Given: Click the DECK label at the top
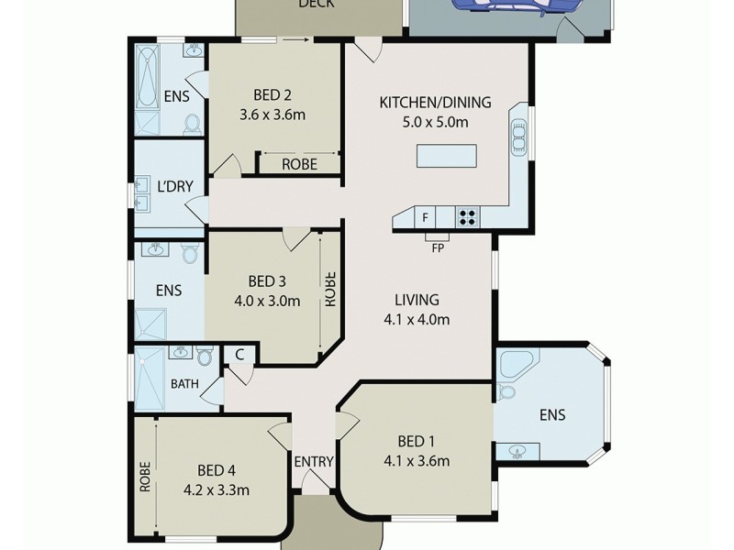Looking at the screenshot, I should [x=317, y=5].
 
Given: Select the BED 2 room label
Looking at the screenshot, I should [x=272, y=95].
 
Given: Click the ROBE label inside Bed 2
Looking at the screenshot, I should [x=299, y=165].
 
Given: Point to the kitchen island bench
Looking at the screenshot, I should [x=448, y=157].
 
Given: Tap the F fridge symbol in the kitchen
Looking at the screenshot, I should [x=425, y=218].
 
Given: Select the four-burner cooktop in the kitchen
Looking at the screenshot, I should [x=468, y=218].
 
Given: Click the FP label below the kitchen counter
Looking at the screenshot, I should [x=439, y=247].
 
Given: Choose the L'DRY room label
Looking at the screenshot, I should [x=174, y=187].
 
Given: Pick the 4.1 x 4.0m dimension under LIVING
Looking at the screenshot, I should [x=417, y=320].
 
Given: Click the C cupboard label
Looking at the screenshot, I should [x=239, y=354].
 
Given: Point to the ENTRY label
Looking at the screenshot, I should [x=314, y=461].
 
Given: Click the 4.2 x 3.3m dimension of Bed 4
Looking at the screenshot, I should [x=216, y=489].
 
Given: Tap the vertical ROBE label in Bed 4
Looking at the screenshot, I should [x=145, y=476].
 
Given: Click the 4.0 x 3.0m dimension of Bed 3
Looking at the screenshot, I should [x=266, y=300].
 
